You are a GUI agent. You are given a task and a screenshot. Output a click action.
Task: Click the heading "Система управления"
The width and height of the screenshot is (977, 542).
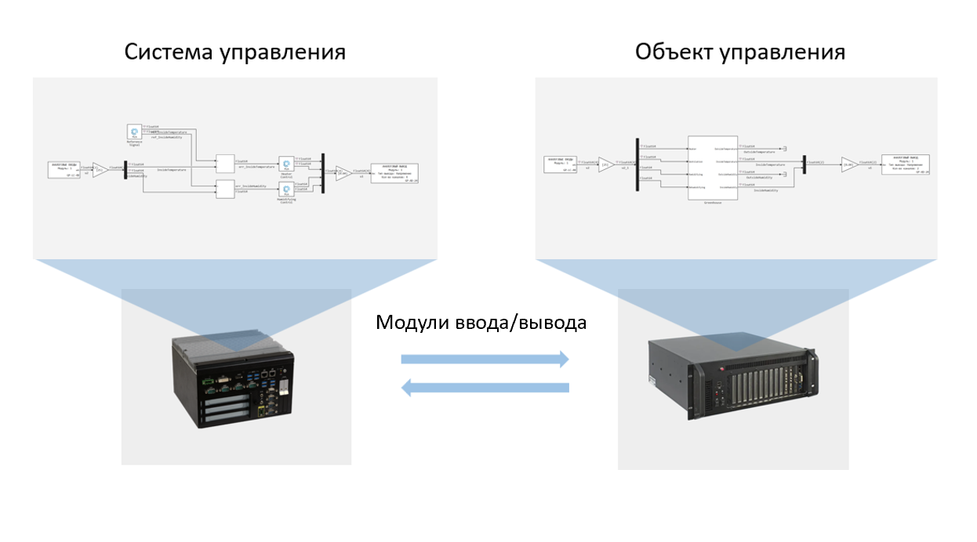click(x=235, y=52)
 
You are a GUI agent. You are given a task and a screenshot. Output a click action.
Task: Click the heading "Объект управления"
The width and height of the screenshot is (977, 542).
click(x=739, y=52)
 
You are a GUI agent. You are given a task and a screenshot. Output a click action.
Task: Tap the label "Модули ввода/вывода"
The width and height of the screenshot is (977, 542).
click(x=481, y=323)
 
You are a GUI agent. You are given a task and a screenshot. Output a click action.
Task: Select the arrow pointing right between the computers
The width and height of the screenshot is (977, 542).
click(x=485, y=359)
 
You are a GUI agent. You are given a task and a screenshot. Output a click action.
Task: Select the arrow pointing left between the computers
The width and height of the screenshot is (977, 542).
click(x=485, y=387)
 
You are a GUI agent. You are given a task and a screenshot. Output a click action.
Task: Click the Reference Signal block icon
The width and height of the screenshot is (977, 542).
click(x=134, y=132)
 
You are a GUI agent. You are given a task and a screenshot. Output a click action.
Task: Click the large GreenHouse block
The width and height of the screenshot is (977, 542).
click(x=713, y=168)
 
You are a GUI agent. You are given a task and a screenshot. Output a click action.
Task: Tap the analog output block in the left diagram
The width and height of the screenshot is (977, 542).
click(x=394, y=173)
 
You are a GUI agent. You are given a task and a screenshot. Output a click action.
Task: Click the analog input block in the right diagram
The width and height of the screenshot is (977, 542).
click(x=561, y=164)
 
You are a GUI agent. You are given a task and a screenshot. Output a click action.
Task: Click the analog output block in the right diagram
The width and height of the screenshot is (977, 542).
click(x=905, y=164)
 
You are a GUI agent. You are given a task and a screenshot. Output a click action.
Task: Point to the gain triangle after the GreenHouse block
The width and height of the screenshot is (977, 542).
click(x=848, y=164)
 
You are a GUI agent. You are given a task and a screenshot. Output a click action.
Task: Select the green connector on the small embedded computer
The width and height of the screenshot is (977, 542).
click(x=210, y=385)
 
